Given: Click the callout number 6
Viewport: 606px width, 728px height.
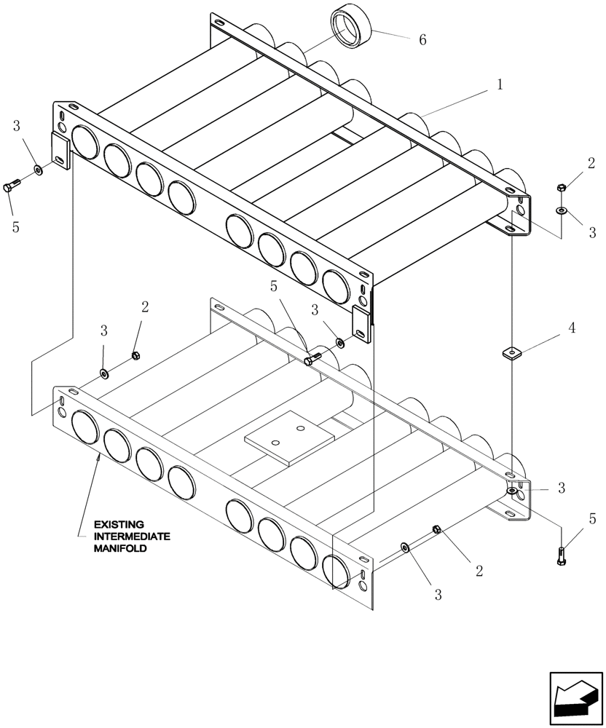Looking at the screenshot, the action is coord(422,40).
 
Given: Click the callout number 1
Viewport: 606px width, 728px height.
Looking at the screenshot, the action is coord(500,84).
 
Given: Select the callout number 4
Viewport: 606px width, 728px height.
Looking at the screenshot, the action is coord(572,328).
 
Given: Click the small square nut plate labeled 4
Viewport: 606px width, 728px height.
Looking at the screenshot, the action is coord(513,354).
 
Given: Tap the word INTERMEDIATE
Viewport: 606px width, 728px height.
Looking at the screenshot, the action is coord(131,537).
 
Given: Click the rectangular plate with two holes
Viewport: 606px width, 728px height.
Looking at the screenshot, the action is coord(288,439).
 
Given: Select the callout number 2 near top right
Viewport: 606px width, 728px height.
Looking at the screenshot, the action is coord(591,163).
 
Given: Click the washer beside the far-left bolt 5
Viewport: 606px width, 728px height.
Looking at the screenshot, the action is coord(37,172).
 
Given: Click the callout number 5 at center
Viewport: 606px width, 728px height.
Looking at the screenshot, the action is coord(274,286).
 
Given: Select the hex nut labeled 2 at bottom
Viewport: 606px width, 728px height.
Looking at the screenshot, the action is coord(436,530).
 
